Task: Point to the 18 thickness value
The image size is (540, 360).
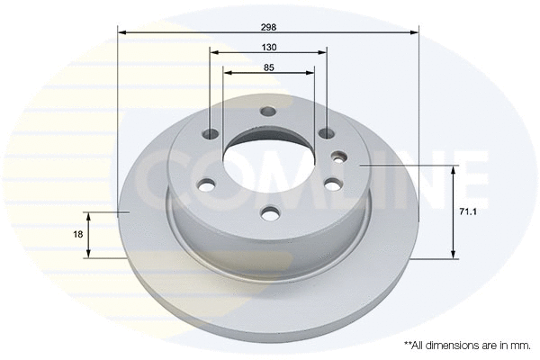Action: tap(78, 234)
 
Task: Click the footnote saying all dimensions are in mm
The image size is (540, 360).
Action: tap(468, 345)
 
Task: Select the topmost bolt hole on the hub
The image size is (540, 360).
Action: tap(267, 112)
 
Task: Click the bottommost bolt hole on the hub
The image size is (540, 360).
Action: tap(269, 213)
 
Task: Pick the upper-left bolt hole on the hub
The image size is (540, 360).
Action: tap(211, 134)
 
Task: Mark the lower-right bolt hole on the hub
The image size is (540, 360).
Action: tap(332, 185)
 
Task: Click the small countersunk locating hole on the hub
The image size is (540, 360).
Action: tap(338, 156)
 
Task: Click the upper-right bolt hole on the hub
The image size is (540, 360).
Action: tap(327, 134)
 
